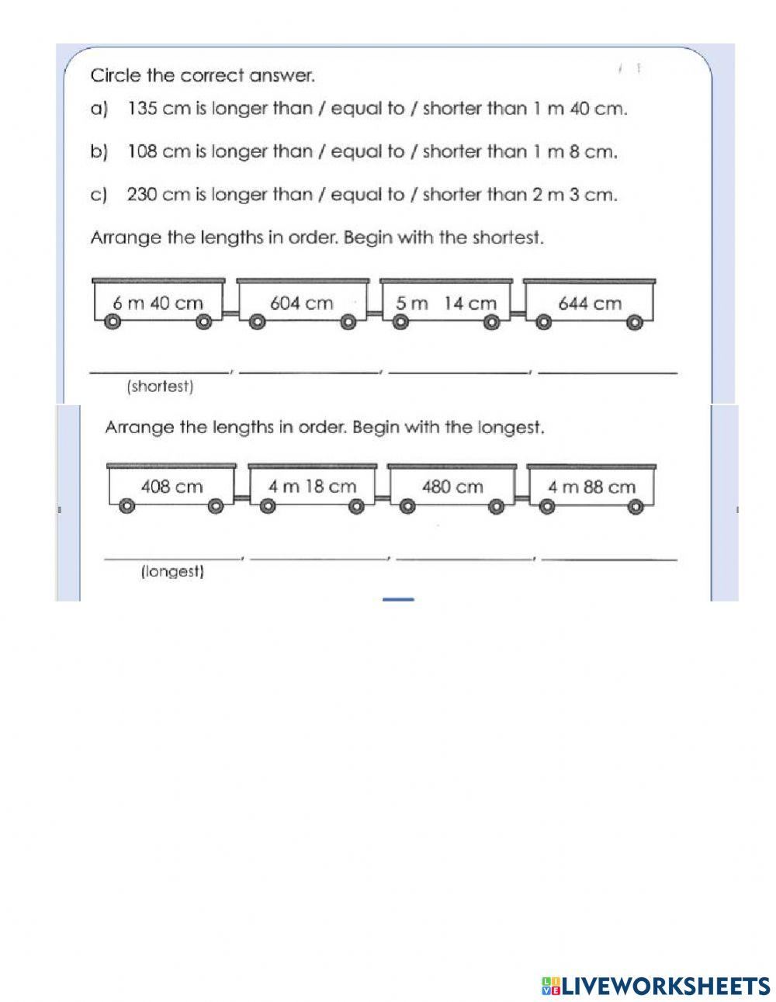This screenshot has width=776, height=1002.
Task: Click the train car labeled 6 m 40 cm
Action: point(158,303)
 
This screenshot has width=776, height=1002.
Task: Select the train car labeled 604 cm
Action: point(301,303)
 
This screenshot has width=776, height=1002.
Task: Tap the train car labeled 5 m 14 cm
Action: point(446,303)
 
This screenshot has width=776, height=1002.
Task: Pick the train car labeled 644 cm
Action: point(590,303)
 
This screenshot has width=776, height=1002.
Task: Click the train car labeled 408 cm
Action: point(171,487)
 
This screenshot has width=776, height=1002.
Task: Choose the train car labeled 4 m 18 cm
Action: point(312,487)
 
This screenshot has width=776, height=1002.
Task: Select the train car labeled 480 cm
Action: point(452,487)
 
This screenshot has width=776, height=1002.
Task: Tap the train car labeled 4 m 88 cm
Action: point(591,487)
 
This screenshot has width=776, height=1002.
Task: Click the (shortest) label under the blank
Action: point(159,387)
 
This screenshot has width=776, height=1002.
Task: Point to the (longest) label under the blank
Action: point(172,573)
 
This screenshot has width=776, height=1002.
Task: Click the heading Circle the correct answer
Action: point(203,76)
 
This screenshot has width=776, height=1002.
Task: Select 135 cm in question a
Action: point(154,109)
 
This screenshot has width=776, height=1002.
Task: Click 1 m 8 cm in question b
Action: point(575,151)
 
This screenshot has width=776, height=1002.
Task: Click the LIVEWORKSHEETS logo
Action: point(656,986)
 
